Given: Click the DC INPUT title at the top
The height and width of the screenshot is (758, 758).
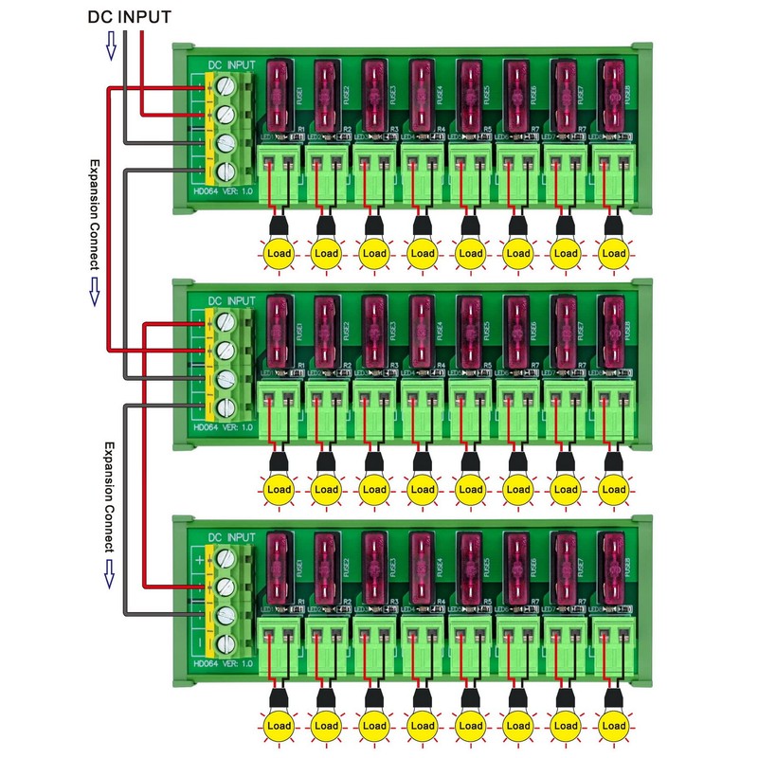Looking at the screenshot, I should click(x=131, y=17).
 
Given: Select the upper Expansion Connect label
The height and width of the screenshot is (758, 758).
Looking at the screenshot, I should click(x=94, y=214).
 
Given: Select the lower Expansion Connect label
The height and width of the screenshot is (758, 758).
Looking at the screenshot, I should click(x=108, y=497).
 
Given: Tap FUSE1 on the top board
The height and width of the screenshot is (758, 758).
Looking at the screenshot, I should click(x=280, y=96).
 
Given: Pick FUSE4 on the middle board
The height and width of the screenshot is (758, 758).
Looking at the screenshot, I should click(x=423, y=333).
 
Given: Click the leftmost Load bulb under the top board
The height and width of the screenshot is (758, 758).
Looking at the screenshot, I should click(x=279, y=253).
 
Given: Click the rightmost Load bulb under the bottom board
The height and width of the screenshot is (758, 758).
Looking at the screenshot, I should click(x=614, y=726).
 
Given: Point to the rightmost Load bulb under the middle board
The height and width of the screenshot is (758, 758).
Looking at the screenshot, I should click(x=614, y=490).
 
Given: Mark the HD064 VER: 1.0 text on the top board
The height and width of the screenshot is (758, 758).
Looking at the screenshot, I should click(x=222, y=192).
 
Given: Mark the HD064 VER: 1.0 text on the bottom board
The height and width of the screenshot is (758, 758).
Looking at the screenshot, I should click(x=222, y=666).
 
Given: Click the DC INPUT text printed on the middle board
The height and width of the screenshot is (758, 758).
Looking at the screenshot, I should click(x=231, y=301).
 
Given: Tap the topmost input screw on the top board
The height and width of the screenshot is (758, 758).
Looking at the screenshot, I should click(x=226, y=86).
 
